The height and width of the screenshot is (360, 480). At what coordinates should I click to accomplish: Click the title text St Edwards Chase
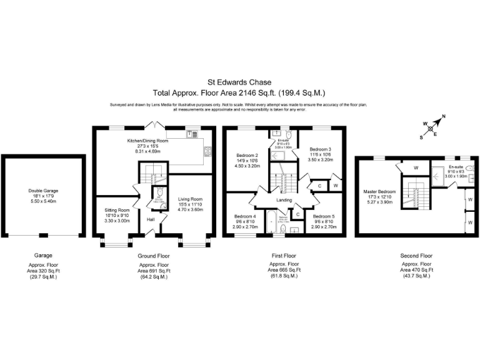pyautogui.click(x=239, y=81)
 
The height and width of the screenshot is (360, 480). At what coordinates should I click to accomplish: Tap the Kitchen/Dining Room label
pyautogui.click(x=152, y=141)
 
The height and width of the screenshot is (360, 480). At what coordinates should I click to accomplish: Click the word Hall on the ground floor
pyautogui.click(x=151, y=219)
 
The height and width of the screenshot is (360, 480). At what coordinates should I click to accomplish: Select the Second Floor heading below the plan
pyautogui.click(x=416, y=256)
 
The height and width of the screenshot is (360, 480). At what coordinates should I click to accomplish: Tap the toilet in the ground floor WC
pyautogui.click(x=158, y=194)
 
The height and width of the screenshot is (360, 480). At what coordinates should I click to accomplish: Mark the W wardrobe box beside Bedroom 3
pyautogui.click(x=335, y=185)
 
